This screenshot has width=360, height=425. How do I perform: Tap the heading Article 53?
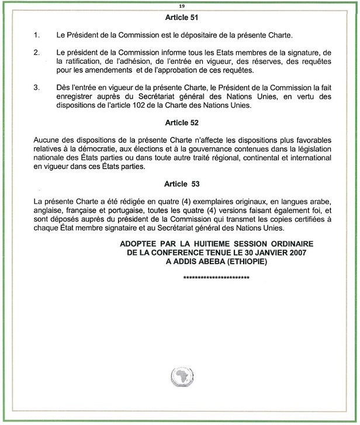182,184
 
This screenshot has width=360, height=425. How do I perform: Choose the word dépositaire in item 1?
186,36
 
